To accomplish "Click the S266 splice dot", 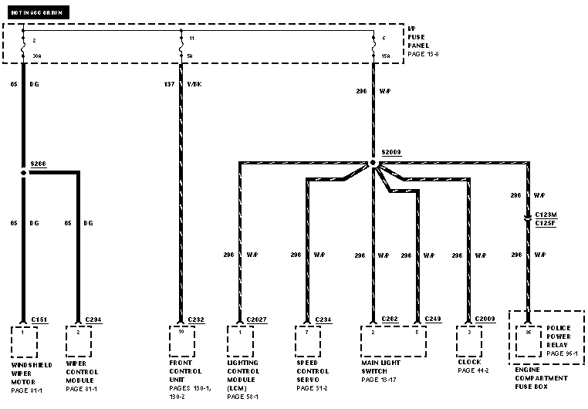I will pyautogui.click(x=24, y=173).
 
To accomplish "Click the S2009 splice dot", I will pyautogui.click(x=373, y=163).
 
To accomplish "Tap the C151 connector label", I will pyautogui.click(x=39, y=319).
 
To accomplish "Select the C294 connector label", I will pyautogui.click(x=93, y=319).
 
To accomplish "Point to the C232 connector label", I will pyautogui.click(x=196, y=319).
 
